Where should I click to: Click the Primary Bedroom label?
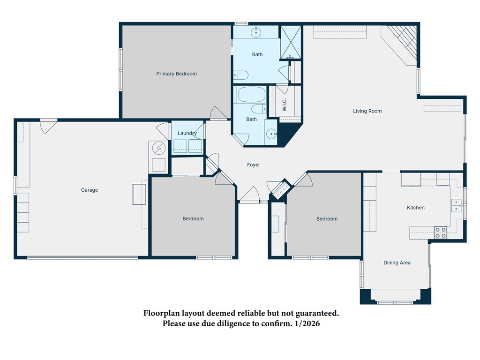point(176,74)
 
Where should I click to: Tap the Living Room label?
point(367,111)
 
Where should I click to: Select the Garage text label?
point(89,190)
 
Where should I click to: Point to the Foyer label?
point(253,165)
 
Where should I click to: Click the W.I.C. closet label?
point(284,105)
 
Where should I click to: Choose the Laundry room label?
point(187,133)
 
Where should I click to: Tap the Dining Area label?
point(397,262)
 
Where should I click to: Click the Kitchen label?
point(415,207)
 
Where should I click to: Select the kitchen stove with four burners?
point(440,232)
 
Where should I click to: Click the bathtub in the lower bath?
point(251,95)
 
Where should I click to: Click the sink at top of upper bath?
point(256,32)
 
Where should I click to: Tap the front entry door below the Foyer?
point(249,195)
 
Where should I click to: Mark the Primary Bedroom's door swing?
point(217,113)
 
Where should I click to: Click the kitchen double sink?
point(456,205)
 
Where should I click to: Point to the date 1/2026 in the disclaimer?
point(307,323)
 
